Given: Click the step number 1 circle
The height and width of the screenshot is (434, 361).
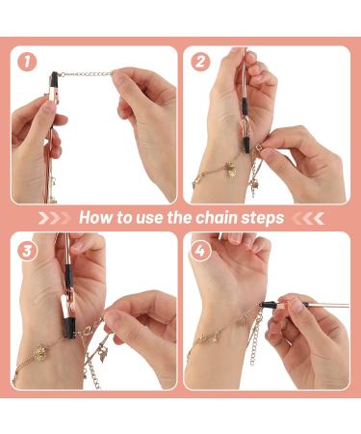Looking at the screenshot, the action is (x=27, y=62).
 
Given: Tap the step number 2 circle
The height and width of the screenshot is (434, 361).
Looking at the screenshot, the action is (x=200, y=62).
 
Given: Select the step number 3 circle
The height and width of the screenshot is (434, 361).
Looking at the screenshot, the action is (x=27, y=251).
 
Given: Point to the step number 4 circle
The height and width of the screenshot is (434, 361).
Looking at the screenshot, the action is (x=200, y=251).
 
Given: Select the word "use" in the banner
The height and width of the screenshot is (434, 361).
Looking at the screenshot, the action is (x=149, y=219).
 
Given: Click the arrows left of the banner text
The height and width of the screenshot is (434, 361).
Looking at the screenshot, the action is (x=54, y=218).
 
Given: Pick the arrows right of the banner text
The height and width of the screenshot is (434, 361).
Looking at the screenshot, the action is (x=308, y=218).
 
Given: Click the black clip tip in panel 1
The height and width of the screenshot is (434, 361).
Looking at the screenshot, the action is (x=54, y=79).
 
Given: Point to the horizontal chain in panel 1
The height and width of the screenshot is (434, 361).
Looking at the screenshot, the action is (x=87, y=74).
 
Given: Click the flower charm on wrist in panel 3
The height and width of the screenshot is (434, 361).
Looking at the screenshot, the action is (x=39, y=353).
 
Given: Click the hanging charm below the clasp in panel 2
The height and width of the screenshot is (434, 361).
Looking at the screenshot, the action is (x=253, y=188).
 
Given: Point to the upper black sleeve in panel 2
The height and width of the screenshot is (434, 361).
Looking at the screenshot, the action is (x=245, y=106).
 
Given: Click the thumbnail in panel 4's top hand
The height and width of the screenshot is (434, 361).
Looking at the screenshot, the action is (x=236, y=238).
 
